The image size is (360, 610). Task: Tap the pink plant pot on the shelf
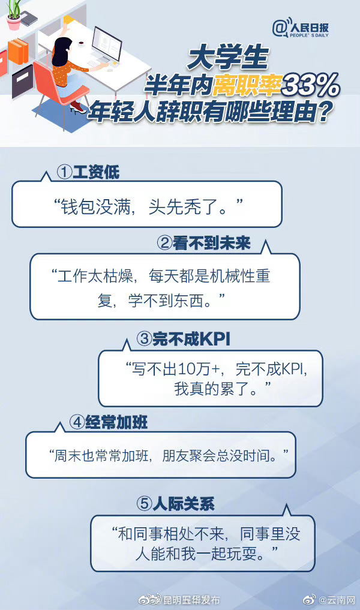(x=14, y=23)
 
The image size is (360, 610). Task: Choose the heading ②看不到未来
(x=203, y=243)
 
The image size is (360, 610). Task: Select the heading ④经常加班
(x=109, y=422)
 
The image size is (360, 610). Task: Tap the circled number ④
(x=77, y=422)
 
